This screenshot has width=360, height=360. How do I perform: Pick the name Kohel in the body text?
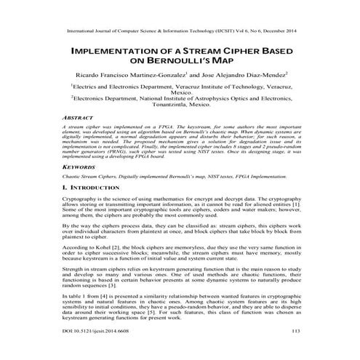(x=100, y=247)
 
